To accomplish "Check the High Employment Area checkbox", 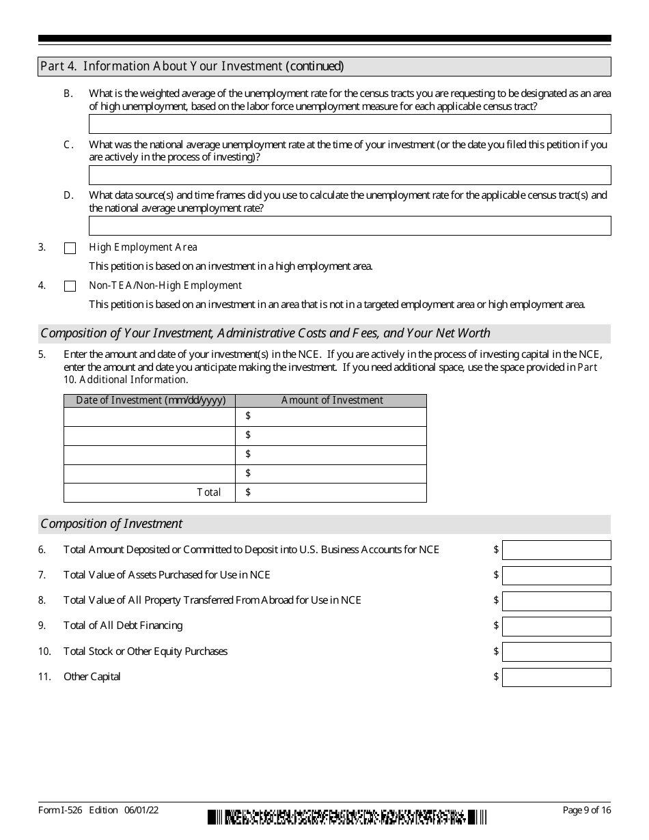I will click(70, 249).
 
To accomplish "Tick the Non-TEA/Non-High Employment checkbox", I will click(70, 287).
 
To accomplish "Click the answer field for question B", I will click(350, 124).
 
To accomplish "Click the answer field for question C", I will click(350, 175).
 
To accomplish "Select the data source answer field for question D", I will click(350, 225).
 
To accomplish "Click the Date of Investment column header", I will click(150, 401).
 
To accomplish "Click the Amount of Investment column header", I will click(331, 401).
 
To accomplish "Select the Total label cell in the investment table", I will click(150, 492).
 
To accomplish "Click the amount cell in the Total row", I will click(331, 492).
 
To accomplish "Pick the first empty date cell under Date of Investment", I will click(150, 417).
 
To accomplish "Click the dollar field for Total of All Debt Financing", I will click(556, 626).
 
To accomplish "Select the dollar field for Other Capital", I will click(556, 677).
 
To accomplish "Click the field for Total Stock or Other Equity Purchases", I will click(556, 652).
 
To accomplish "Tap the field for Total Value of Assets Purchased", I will click(556, 576).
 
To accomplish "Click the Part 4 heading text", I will click(192, 66).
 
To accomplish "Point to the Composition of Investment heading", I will click(111, 524).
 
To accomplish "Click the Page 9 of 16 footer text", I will click(586, 811).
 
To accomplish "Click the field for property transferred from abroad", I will click(556, 601).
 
